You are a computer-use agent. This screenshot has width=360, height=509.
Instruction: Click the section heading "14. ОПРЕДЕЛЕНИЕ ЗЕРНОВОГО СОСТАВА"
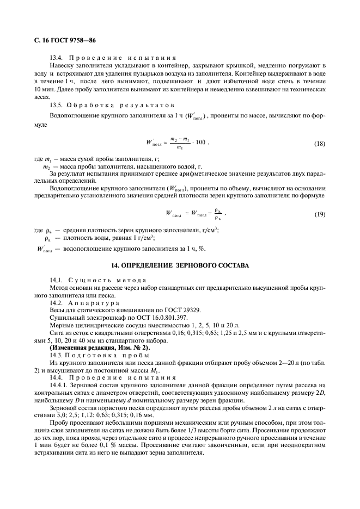pos(179,266)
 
